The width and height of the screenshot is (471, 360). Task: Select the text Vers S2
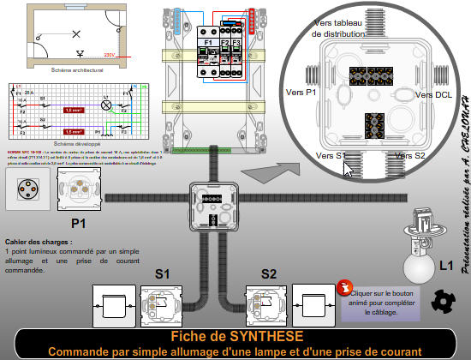tap(408, 156)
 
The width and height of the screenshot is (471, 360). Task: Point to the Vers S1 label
tap(331, 156)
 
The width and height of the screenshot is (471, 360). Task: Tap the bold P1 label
tap(80, 223)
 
